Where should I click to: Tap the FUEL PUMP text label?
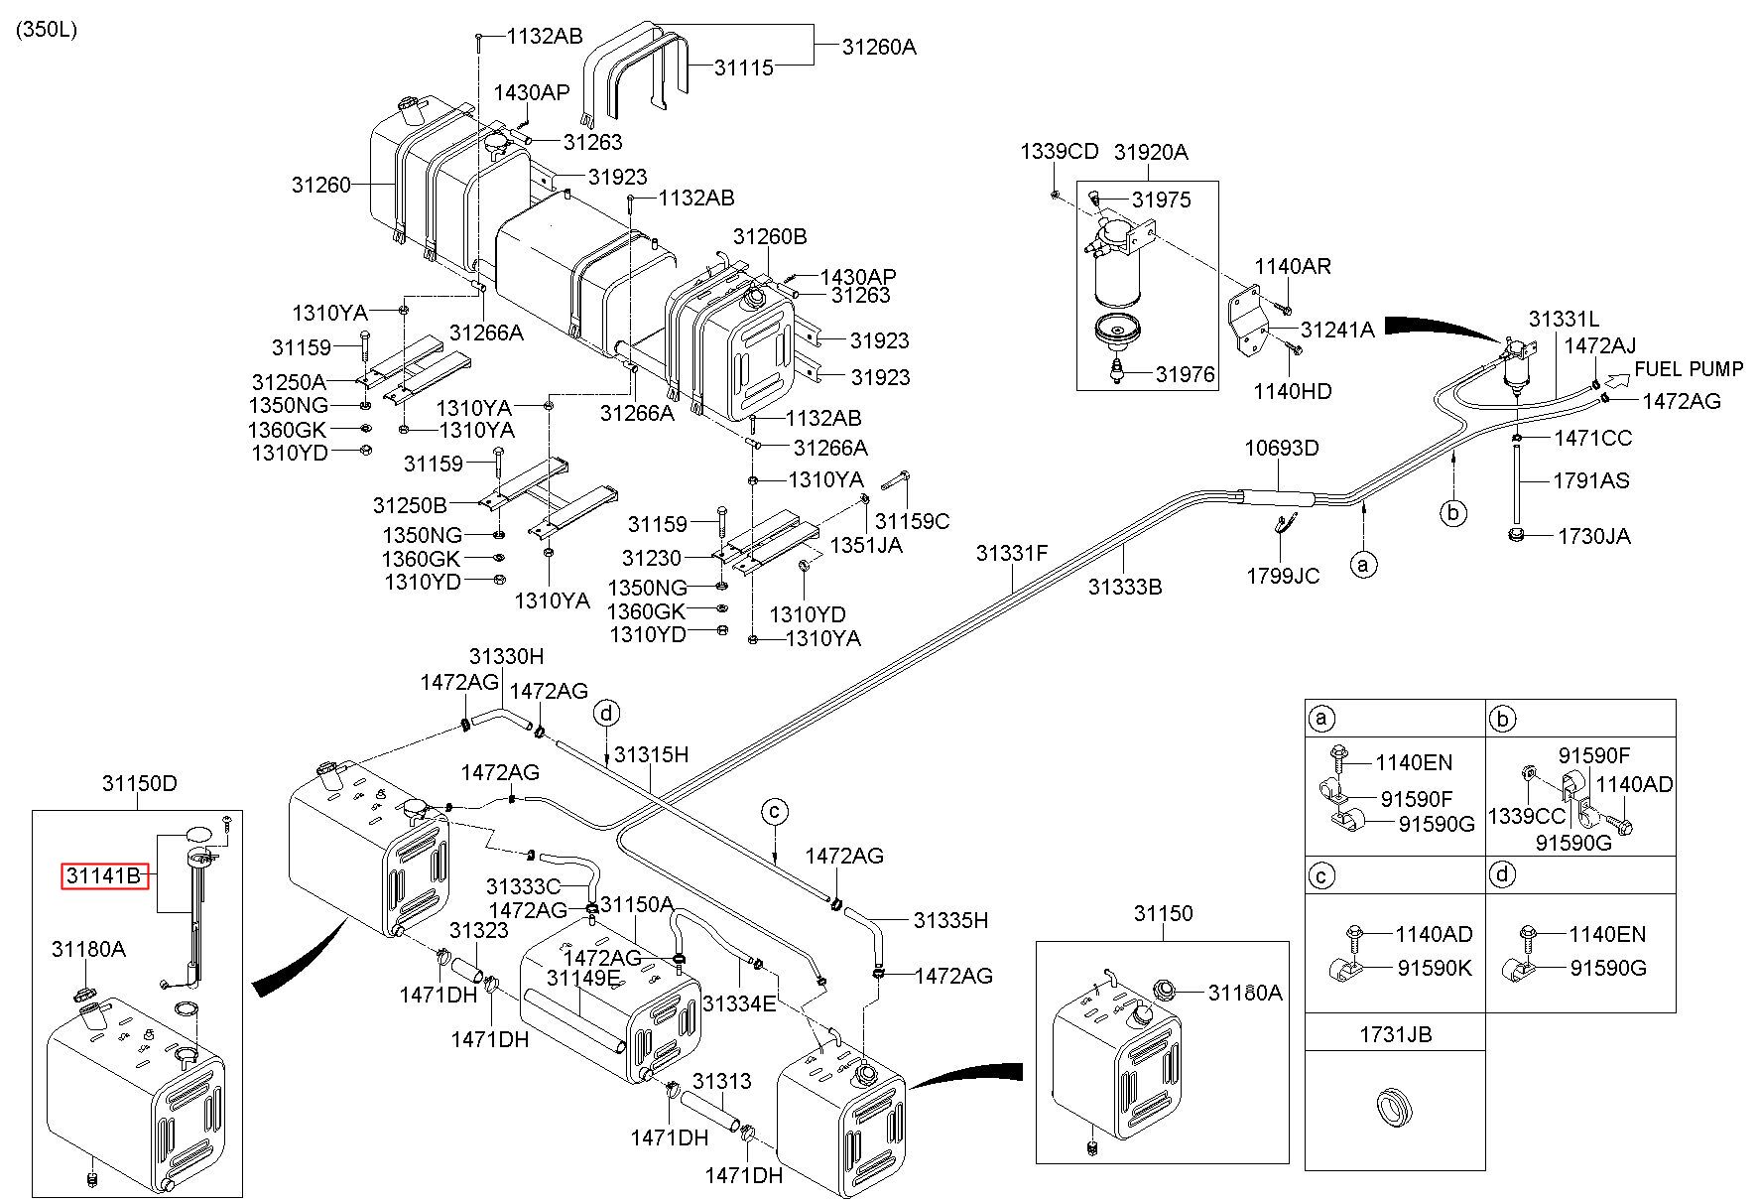[1689, 369]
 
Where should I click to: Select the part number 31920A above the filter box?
[1151, 153]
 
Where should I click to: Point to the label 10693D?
[1282, 449]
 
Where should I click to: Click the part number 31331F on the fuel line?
[1011, 554]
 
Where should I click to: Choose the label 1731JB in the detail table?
[1395, 1035]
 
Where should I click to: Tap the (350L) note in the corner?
[46, 30]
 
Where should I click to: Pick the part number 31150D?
[140, 783]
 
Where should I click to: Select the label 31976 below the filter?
[1185, 374]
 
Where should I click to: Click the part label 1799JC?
[1283, 576]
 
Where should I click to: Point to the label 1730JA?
[1594, 537]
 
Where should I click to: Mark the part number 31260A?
[879, 46]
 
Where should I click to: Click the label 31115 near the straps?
[744, 67]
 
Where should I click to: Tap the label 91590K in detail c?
[1435, 968]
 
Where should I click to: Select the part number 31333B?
[1124, 587]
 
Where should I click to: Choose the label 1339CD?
[1060, 152]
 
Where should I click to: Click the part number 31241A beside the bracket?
[1337, 330]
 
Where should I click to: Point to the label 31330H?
[507, 657]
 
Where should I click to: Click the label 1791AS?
[1591, 480]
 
